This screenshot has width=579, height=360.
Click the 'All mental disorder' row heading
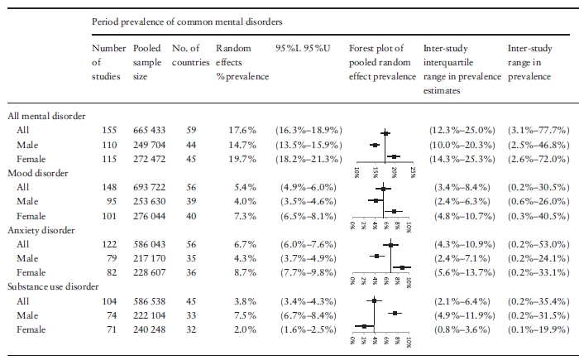(x=46, y=116)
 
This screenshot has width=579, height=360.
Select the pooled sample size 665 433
(x=149, y=130)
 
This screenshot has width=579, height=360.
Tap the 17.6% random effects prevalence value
(x=242, y=130)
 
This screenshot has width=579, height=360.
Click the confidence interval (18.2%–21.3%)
(x=309, y=159)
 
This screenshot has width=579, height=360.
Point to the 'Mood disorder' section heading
(x=38, y=173)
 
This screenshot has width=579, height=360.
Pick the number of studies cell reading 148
(x=109, y=187)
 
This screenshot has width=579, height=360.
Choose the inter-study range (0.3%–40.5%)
(x=538, y=216)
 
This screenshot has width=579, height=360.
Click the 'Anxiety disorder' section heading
(x=41, y=230)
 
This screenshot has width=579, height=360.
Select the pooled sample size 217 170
(x=149, y=258)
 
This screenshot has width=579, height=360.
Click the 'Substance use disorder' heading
(x=53, y=287)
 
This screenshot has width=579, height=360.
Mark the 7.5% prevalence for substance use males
(x=245, y=315)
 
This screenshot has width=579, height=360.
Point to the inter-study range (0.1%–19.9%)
(x=538, y=329)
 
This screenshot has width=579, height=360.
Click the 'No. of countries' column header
(x=190, y=55)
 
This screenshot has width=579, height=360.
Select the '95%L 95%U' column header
(x=303, y=49)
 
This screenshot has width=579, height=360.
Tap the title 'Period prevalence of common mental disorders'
(x=187, y=22)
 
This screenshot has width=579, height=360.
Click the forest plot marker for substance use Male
(x=395, y=313)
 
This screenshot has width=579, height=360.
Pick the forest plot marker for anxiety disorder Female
(x=402, y=267)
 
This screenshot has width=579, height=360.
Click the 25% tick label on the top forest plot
(x=413, y=173)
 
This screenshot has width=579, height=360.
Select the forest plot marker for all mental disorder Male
(x=375, y=146)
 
